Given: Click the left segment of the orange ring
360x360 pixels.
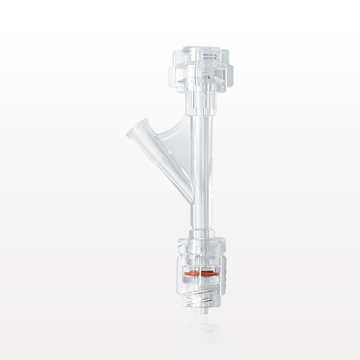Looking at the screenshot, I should pyautogui.click(x=192, y=274).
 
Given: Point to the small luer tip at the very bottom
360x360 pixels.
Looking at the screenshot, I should pyautogui.click(x=201, y=309).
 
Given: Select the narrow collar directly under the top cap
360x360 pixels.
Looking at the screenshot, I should pyautogui.click(x=201, y=103).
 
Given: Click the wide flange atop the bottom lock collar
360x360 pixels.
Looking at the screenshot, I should pyautogui.click(x=201, y=242).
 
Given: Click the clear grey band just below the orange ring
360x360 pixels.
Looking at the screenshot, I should pyautogui.click(x=201, y=280).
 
